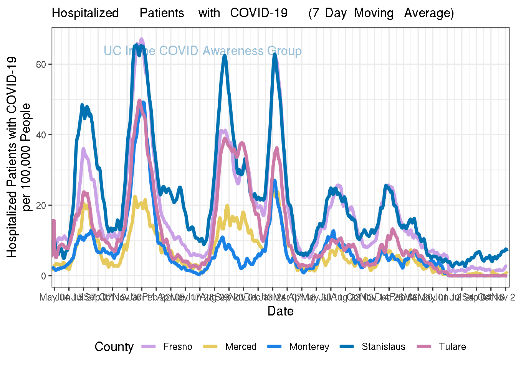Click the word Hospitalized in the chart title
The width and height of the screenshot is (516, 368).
click(x=85, y=13)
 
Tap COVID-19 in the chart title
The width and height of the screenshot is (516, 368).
click(x=259, y=13)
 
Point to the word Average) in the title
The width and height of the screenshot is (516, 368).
click(x=429, y=13)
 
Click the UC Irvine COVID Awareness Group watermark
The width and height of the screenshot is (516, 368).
click(x=203, y=51)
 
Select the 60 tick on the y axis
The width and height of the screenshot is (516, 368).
click(x=41, y=64)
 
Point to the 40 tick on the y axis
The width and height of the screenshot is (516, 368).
click(x=41, y=135)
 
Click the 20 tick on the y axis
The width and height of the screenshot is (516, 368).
click(x=41, y=205)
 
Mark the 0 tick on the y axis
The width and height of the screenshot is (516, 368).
click(x=43, y=276)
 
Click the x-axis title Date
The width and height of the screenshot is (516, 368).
click(x=281, y=311)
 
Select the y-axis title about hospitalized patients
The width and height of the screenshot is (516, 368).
click(x=18, y=157)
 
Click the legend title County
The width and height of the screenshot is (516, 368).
click(x=114, y=347)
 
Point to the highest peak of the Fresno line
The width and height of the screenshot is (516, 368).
click(x=141, y=39)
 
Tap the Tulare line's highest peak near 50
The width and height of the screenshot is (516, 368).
click(x=140, y=101)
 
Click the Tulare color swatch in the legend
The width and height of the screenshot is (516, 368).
click(x=424, y=347)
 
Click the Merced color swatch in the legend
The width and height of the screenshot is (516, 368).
click(x=210, y=347)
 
